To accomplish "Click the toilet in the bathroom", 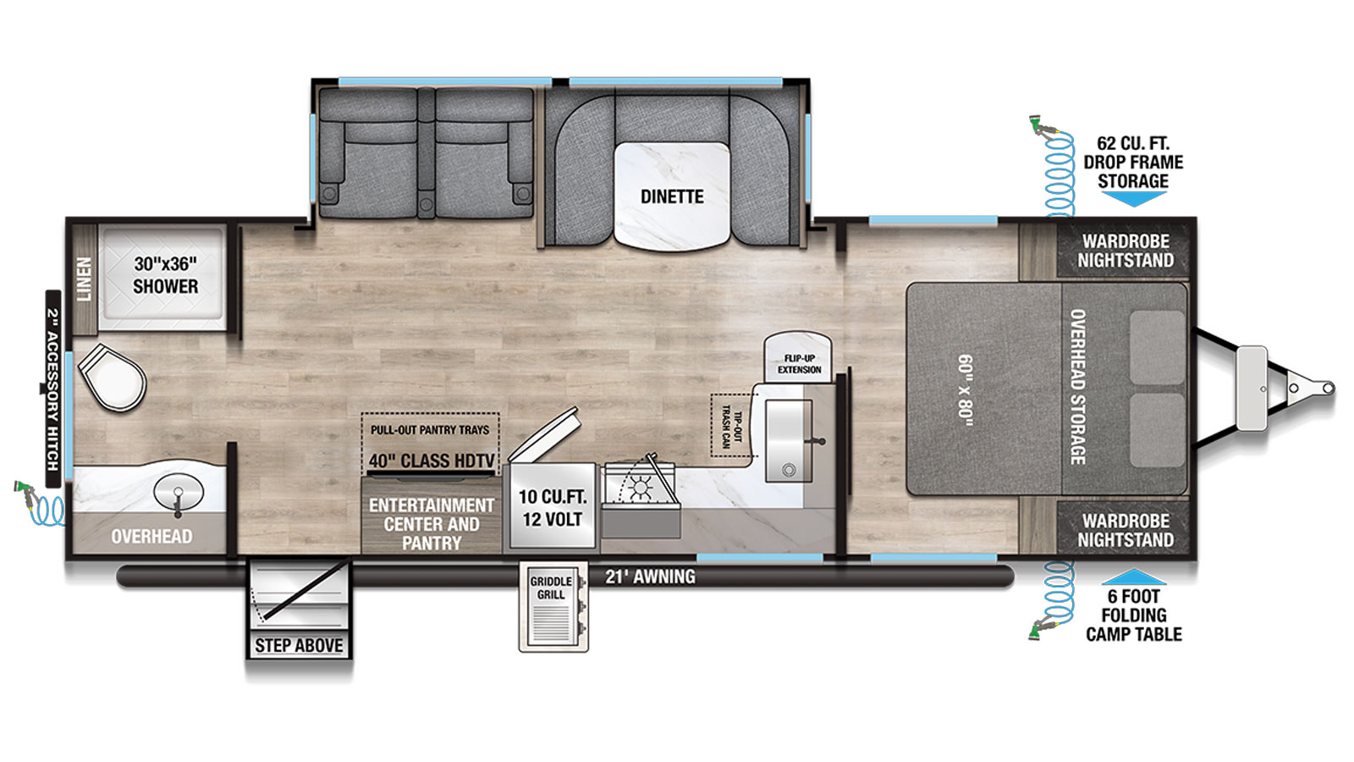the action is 113,378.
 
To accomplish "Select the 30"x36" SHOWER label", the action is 166,275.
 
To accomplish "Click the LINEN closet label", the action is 85,279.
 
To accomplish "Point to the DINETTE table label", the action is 672,196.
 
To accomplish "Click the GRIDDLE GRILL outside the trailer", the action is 553,606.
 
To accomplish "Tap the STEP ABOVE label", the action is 299,646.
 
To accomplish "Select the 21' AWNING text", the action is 651,577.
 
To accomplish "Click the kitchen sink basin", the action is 788,441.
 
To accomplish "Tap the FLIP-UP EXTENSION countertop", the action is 799,356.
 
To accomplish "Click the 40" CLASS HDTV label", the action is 432,461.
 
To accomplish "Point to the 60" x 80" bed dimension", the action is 966,391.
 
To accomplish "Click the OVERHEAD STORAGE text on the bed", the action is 1078,387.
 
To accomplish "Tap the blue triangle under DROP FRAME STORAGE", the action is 1133,199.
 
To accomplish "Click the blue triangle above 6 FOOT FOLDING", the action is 1134,577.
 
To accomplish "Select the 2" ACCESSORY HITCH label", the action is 53,389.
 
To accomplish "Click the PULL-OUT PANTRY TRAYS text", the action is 430,430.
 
